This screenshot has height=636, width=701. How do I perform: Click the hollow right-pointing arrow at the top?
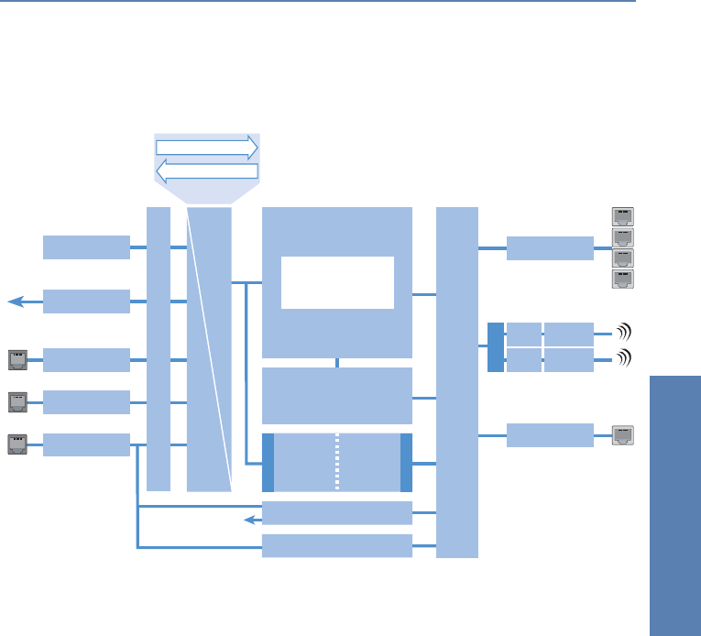tap(207, 148)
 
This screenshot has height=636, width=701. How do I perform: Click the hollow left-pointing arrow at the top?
tap(207, 170)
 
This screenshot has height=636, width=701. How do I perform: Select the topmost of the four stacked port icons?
tap(623, 216)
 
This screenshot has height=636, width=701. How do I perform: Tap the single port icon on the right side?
tap(623, 435)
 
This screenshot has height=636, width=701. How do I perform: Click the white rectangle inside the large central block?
tap(337, 282)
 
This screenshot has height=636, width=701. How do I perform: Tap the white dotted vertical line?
tap(337, 462)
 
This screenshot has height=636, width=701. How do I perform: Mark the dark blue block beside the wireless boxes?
tap(495, 347)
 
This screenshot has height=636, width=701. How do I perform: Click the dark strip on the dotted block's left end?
tap(268, 462)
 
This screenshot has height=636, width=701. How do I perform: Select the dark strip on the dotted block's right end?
tap(406, 462)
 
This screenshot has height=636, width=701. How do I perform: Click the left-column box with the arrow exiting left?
tap(86, 301)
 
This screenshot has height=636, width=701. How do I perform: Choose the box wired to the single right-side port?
tap(550, 435)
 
